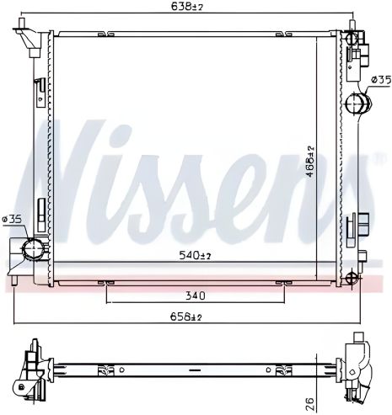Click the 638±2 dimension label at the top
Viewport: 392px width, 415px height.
point(187,6)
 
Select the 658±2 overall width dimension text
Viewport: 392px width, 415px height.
point(186,317)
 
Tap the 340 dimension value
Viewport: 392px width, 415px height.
point(196,295)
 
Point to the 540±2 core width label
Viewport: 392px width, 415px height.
point(196,255)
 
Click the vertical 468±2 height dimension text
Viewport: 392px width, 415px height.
point(310,162)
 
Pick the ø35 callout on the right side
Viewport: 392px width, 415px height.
point(381,81)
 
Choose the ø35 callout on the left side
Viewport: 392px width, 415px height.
point(12,219)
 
